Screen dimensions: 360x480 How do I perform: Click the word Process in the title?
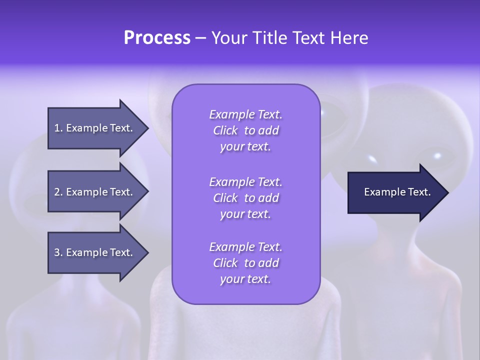[x=157, y=38]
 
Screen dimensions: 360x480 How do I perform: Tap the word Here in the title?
[x=349, y=38]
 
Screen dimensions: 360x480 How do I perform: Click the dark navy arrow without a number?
[x=395, y=192]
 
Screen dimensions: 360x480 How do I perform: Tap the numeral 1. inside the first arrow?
[x=58, y=128]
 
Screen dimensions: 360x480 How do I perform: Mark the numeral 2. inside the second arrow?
[x=58, y=192]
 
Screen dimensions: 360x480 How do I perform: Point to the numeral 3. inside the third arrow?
[x=58, y=252]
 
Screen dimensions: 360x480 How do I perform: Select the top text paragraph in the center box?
[x=245, y=130]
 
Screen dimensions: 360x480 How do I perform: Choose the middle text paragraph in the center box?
[x=245, y=197]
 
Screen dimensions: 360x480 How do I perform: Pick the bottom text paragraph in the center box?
[x=245, y=263]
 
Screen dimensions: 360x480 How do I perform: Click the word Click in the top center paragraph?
[x=225, y=130]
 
